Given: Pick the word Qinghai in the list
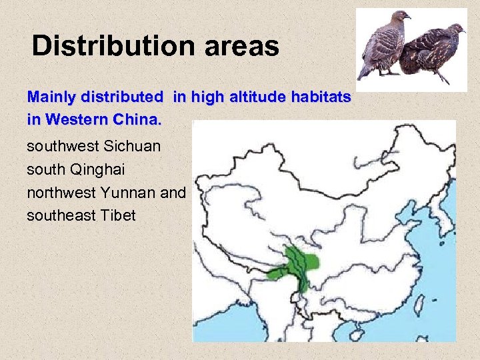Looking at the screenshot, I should (x=101, y=169).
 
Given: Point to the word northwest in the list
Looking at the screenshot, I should (x=62, y=193).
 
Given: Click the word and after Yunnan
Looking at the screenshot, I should (x=174, y=193).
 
